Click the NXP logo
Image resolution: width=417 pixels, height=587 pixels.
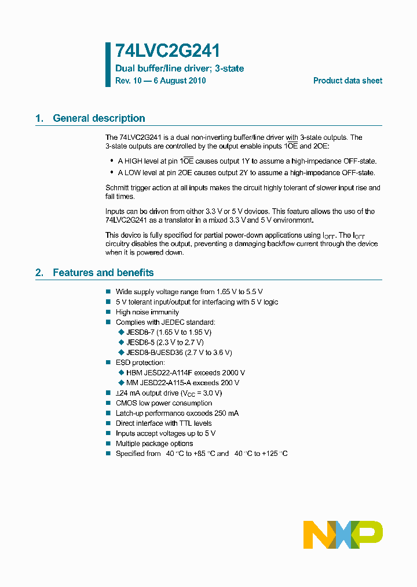coord(343,534)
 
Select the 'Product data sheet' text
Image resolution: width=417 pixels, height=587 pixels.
coord(348,81)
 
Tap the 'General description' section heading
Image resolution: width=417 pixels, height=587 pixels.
coord(99,118)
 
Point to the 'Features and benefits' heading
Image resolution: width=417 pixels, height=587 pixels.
coord(103,273)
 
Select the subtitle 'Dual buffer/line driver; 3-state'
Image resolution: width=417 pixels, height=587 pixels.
coord(180,68)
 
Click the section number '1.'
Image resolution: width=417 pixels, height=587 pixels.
coord(39,118)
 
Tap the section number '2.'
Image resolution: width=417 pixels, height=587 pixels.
coord(39,273)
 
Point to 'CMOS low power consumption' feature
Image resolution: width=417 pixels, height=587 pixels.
coord(164,403)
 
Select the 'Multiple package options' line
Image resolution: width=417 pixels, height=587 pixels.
coord(154,444)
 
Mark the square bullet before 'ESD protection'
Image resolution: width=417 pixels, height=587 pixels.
coord(108,363)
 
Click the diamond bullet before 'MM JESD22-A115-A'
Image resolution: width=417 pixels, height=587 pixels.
coord(122,383)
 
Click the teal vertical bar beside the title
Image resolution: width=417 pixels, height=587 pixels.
coord(108,64)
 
